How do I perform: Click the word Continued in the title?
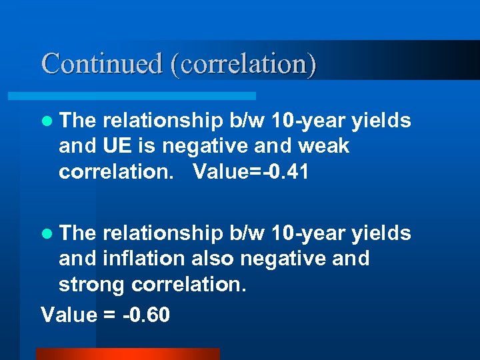pos(102,64)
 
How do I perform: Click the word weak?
pos(325,146)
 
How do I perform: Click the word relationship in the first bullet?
pos(163,121)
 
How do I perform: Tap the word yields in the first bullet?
pos(382,121)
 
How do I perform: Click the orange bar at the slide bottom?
pos(127,353)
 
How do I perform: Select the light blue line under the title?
pos(147,96)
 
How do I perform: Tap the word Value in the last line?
pos(69,314)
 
